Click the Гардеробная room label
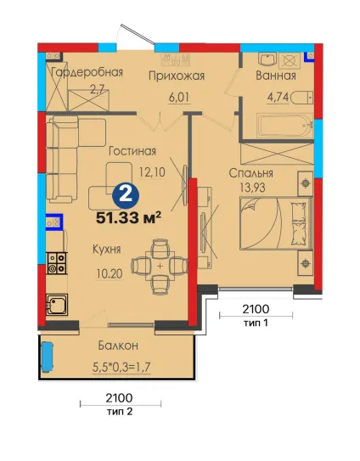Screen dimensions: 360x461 [87, 72]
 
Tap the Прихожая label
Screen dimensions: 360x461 [176, 76]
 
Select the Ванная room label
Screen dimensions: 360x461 [276, 76]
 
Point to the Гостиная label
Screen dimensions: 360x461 [132, 151]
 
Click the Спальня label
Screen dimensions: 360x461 [250, 173]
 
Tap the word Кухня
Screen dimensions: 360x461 [107, 250]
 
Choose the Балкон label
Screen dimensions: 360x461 [118, 346]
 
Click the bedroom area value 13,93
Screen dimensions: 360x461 [252, 188]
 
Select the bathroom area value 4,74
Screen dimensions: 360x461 [278, 97]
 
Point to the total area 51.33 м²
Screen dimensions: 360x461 [128, 217]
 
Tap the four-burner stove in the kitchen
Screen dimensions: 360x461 [57, 263]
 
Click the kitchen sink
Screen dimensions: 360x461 [57, 304]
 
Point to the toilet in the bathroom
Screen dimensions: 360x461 [301, 98]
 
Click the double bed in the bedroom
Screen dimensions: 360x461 [276, 223]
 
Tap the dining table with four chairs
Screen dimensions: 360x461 [160, 267]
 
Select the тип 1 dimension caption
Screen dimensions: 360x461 [256, 323]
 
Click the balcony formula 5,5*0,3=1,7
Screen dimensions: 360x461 [121, 367]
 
